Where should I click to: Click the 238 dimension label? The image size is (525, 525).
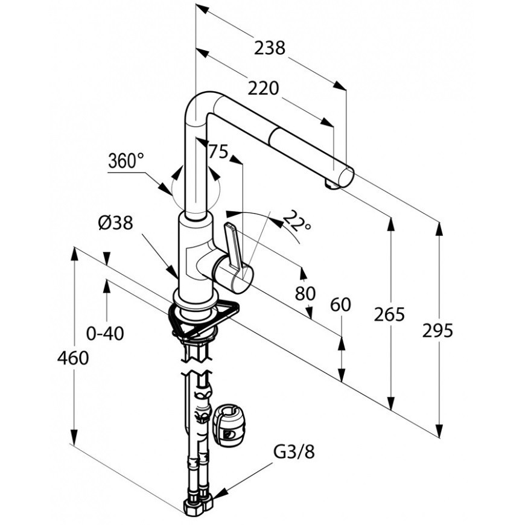tap(270, 48)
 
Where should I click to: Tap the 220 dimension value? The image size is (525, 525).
tap(263, 88)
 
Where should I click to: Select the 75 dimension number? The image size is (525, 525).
tap(218, 151)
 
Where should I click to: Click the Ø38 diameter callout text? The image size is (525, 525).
tap(115, 222)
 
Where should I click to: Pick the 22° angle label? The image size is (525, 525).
tap(297, 221)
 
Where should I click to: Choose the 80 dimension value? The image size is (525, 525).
tap(305, 293)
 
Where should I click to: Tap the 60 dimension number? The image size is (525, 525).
tap(340, 305)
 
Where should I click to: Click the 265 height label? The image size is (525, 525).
tap(389, 314)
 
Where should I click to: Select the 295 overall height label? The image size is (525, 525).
tap(437, 331)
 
